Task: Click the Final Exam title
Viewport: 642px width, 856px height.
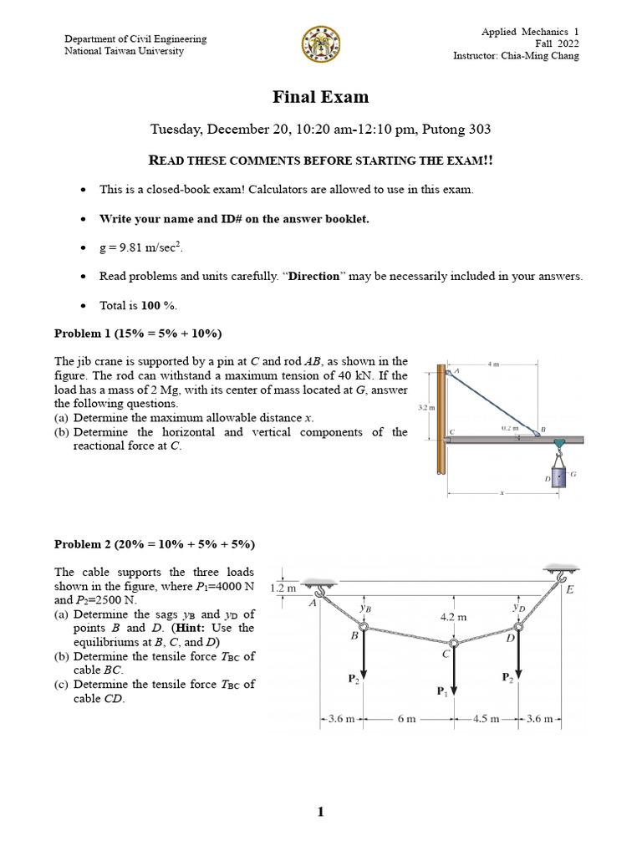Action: tap(320, 97)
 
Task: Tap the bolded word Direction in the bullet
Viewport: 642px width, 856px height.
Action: tap(314, 276)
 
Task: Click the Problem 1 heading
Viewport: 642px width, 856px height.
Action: tap(138, 334)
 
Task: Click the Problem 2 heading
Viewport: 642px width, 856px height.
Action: tap(155, 544)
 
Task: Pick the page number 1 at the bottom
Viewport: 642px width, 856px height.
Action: tap(320, 812)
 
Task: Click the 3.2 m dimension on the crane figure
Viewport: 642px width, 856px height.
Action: tap(425, 407)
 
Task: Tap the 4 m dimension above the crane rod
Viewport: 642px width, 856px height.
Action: tap(493, 364)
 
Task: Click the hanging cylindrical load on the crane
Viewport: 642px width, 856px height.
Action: tap(558, 477)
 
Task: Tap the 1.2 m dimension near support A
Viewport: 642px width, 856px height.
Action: tap(284, 588)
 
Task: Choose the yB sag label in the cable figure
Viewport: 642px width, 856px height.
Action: tap(365, 609)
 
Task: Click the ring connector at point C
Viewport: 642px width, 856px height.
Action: tap(453, 644)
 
